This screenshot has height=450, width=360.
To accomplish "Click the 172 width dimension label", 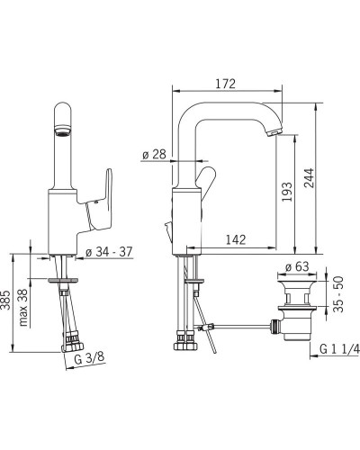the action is pos(226,84).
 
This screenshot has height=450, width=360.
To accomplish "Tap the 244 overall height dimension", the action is pos(310,178).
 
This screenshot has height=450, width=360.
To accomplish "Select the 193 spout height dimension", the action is pos(287,192).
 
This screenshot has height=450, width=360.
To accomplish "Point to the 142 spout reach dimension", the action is pos(236,239).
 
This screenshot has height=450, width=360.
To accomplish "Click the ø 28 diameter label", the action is pos(154,155).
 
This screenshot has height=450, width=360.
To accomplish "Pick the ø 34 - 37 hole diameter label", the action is pos(109,252).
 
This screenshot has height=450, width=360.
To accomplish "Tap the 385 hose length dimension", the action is pos(5,300).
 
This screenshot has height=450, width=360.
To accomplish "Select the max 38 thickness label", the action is pos(23,308).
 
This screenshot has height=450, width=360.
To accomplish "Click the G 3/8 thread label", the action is pos(89,358).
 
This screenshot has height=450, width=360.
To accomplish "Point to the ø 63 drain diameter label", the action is pos(297,266).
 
